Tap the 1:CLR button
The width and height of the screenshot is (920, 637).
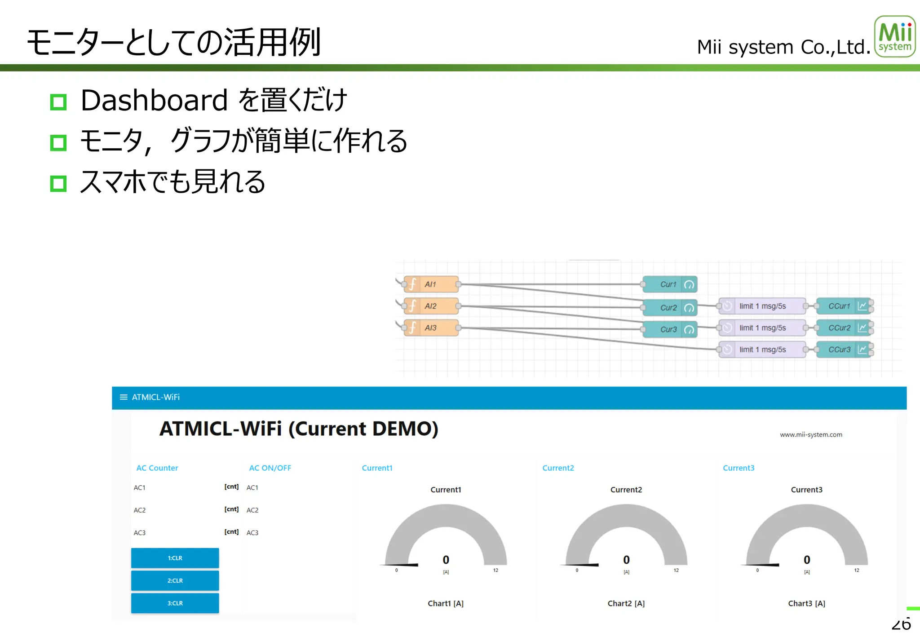click(x=175, y=558)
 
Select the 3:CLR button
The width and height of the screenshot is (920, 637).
click(x=175, y=603)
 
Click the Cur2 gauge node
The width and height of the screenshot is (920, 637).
click(x=669, y=308)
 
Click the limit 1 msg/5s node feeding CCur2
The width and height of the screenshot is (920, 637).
click(x=762, y=328)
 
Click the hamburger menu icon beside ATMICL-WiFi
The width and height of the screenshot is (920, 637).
click(x=124, y=397)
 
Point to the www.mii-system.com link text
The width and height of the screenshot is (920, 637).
click(x=811, y=434)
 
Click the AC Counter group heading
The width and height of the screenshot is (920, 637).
click(x=157, y=468)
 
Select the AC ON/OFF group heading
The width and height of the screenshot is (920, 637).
click(x=270, y=468)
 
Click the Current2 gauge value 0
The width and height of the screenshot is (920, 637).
click(x=626, y=560)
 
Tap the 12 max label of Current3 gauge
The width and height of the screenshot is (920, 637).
click(x=856, y=570)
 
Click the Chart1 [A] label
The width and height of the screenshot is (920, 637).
click(x=445, y=603)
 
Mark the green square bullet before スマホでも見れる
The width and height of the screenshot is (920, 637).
click(x=58, y=183)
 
